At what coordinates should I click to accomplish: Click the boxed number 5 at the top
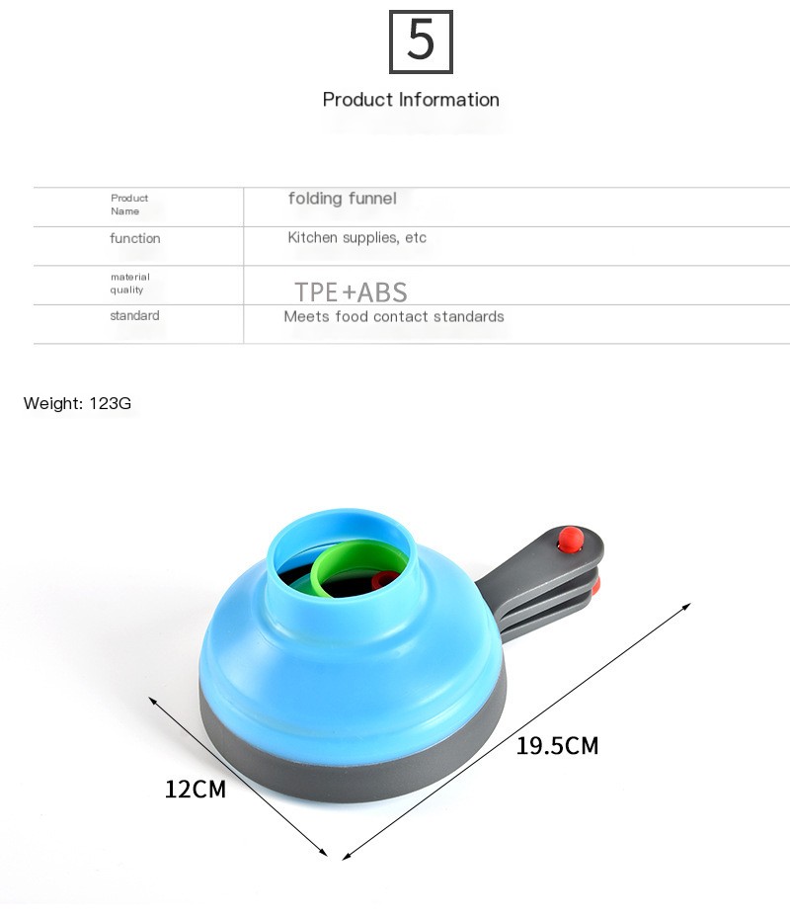pyautogui.click(x=421, y=42)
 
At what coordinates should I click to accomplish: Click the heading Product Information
pyautogui.click(x=411, y=100)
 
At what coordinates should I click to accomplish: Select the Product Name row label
pyautogui.click(x=129, y=205)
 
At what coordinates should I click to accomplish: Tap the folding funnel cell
pyautogui.click(x=342, y=198)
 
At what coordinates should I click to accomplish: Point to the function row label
pyautogui.click(x=134, y=238)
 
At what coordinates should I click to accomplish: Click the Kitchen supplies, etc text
pyautogui.click(x=356, y=237)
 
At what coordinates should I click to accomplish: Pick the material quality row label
pyautogui.click(x=130, y=283)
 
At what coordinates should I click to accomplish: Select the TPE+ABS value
pyautogui.click(x=351, y=292)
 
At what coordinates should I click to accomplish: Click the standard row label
pyautogui.click(x=134, y=315)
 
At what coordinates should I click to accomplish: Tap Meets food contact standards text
pyautogui.click(x=394, y=316)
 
